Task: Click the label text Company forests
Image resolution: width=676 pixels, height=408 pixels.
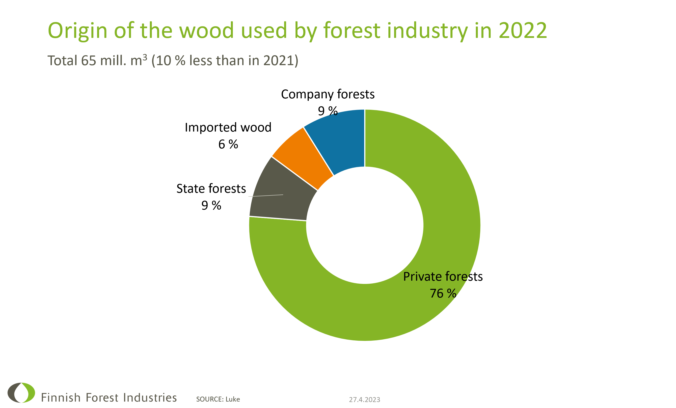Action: click(327, 94)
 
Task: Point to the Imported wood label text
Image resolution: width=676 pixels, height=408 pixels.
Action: click(228, 127)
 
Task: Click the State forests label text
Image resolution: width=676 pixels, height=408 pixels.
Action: click(211, 189)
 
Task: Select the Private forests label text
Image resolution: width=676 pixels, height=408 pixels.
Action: click(443, 276)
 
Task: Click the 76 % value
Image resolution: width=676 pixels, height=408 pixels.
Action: click(443, 293)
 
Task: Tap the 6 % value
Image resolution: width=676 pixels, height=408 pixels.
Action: click(228, 144)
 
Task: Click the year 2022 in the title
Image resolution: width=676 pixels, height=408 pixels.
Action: click(523, 30)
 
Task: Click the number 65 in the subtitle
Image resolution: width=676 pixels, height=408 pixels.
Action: click(88, 60)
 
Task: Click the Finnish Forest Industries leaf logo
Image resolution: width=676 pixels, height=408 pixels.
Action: click(21, 393)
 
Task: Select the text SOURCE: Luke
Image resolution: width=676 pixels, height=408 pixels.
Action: click(218, 399)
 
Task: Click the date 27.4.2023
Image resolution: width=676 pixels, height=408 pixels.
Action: click(364, 400)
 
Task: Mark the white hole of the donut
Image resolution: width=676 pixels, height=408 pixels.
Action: click(365, 225)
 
